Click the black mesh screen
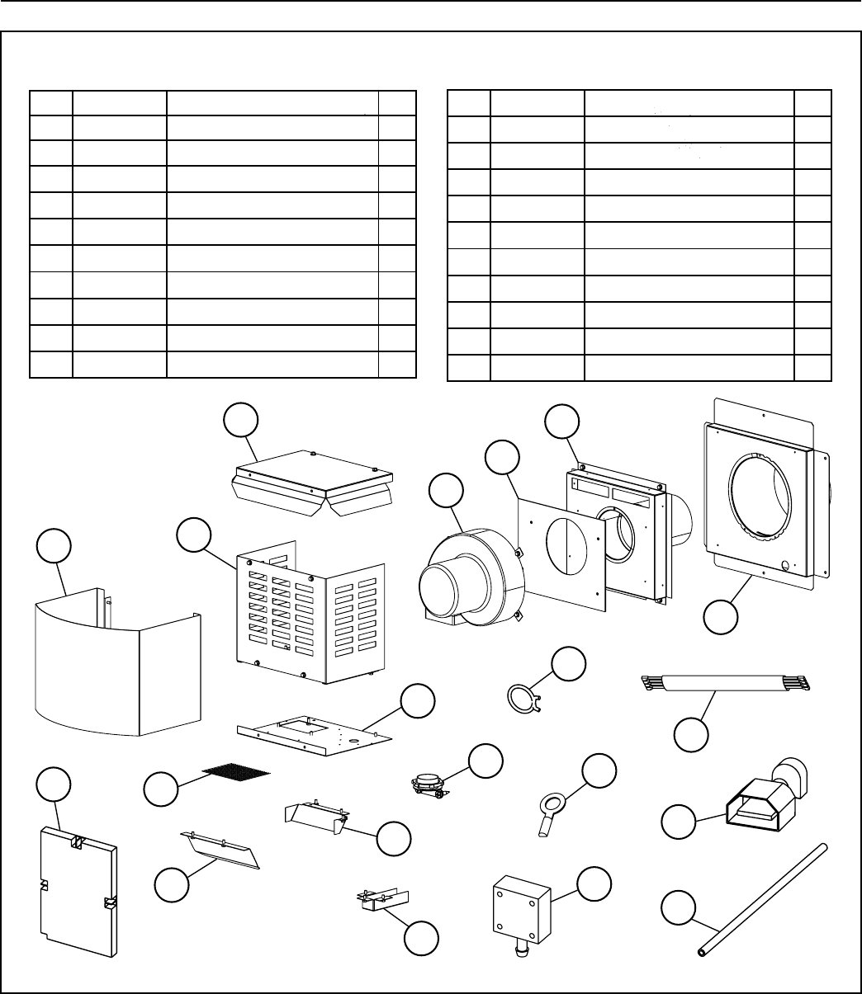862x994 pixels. click(236, 770)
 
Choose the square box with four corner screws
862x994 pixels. click(520, 912)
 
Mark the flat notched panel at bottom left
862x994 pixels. click(78, 891)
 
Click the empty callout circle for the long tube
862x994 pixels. click(679, 907)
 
